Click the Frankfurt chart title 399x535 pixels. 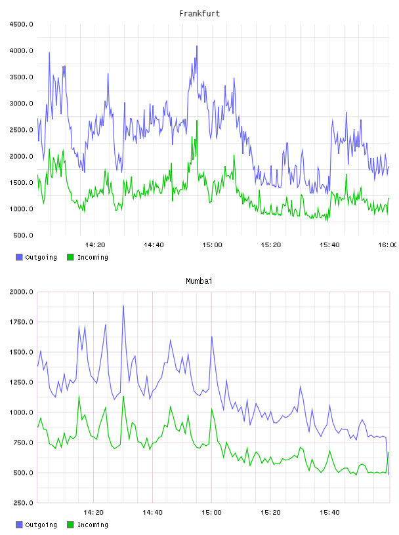199,14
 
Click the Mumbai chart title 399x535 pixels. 199,281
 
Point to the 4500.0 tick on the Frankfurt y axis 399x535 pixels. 21,24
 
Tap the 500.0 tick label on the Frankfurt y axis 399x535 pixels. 23,235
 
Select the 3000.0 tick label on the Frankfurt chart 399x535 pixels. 21,104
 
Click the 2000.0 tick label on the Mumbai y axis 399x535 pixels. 21,292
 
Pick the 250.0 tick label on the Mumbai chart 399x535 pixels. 23,503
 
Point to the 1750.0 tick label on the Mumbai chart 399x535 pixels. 21,322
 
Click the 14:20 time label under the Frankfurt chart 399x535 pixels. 95,245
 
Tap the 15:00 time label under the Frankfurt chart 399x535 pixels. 212,245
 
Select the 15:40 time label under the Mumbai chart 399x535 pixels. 329,513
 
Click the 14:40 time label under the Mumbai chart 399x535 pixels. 153,513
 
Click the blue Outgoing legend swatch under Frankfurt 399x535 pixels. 19,257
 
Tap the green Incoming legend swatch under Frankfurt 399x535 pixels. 70,257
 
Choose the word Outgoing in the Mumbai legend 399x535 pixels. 41,525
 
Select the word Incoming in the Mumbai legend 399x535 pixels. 93,525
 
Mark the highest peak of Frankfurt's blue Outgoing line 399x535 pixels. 197,46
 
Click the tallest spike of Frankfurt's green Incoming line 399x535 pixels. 197,121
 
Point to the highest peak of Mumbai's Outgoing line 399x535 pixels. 123,306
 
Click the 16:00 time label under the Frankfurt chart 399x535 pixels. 387,245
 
